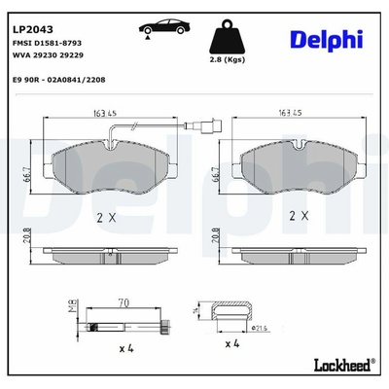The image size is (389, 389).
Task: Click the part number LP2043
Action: pyautogui.click(x=33, y=29)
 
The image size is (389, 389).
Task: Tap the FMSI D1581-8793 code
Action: pyautogui.click(x=47, y=43)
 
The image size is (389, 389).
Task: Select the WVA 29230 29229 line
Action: pyautogui.click(x=48, y=54)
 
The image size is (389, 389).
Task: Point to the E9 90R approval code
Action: pyautogui.click(x=58, y=80)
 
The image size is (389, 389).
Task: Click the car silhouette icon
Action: pyautogui.click(x=164, y=27)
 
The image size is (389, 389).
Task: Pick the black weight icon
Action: pyautogui.click(x=227, y=37)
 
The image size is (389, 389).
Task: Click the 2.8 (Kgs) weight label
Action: pyautogui.click(x=227, y=59)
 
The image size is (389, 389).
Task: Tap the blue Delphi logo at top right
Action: pyautogui.click(x=326, y=40)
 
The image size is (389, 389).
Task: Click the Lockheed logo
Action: pyautogui.click(x=344, y=365)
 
